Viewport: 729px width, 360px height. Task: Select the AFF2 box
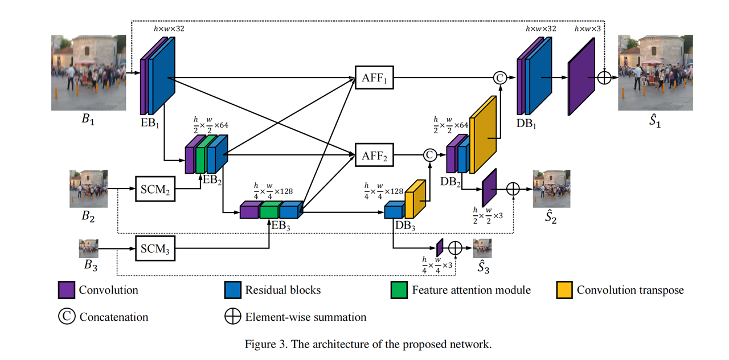(x=374, y=154)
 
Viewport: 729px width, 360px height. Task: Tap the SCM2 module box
(x=155, y=188)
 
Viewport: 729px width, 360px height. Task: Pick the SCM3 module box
(x=155, y=249)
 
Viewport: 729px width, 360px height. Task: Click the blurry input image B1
(x=88, y=72)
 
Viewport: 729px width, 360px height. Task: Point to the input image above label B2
(x=88, y=188)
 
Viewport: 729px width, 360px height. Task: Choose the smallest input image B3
(x=88, y=249)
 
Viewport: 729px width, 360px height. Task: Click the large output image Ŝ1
(x=656, y=72)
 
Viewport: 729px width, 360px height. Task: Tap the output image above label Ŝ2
(x=551, y=188)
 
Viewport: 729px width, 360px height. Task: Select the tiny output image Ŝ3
(x=482, y=248)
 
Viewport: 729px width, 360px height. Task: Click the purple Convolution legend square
(x=66, y=291)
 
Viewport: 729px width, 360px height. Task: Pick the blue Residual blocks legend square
(x=232, y=291)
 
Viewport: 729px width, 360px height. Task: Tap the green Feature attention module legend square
(x=399, y=291)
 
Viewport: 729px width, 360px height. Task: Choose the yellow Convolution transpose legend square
(x=564, y=291)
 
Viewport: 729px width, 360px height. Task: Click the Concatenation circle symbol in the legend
(x=66, y=317)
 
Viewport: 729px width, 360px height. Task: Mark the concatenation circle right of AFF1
(x=499, y=77)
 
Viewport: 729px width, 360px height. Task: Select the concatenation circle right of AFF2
(x=429, y=154)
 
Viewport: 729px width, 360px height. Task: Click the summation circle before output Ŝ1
(x=604, y=77)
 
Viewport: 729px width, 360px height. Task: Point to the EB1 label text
(x=150, y=122)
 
